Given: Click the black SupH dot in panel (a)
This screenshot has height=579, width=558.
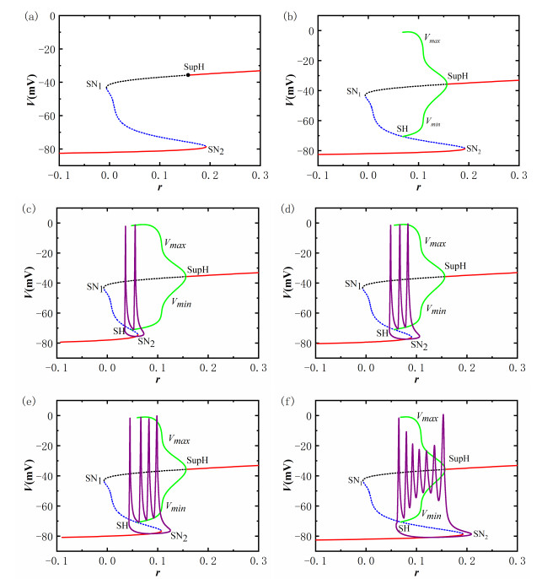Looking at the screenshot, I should pos(188,75).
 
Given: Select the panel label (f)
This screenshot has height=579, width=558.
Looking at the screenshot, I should pos(292,399).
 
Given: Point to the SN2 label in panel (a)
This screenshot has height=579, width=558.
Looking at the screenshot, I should pos(216,150).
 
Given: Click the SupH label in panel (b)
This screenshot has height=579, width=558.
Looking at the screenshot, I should pos(458,76).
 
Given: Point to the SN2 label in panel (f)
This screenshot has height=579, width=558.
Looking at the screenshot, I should pos(480,534).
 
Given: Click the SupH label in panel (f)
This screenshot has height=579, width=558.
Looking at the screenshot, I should pos(459,458).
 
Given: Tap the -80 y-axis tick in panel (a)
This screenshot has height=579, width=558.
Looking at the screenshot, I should pos(36,152).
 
